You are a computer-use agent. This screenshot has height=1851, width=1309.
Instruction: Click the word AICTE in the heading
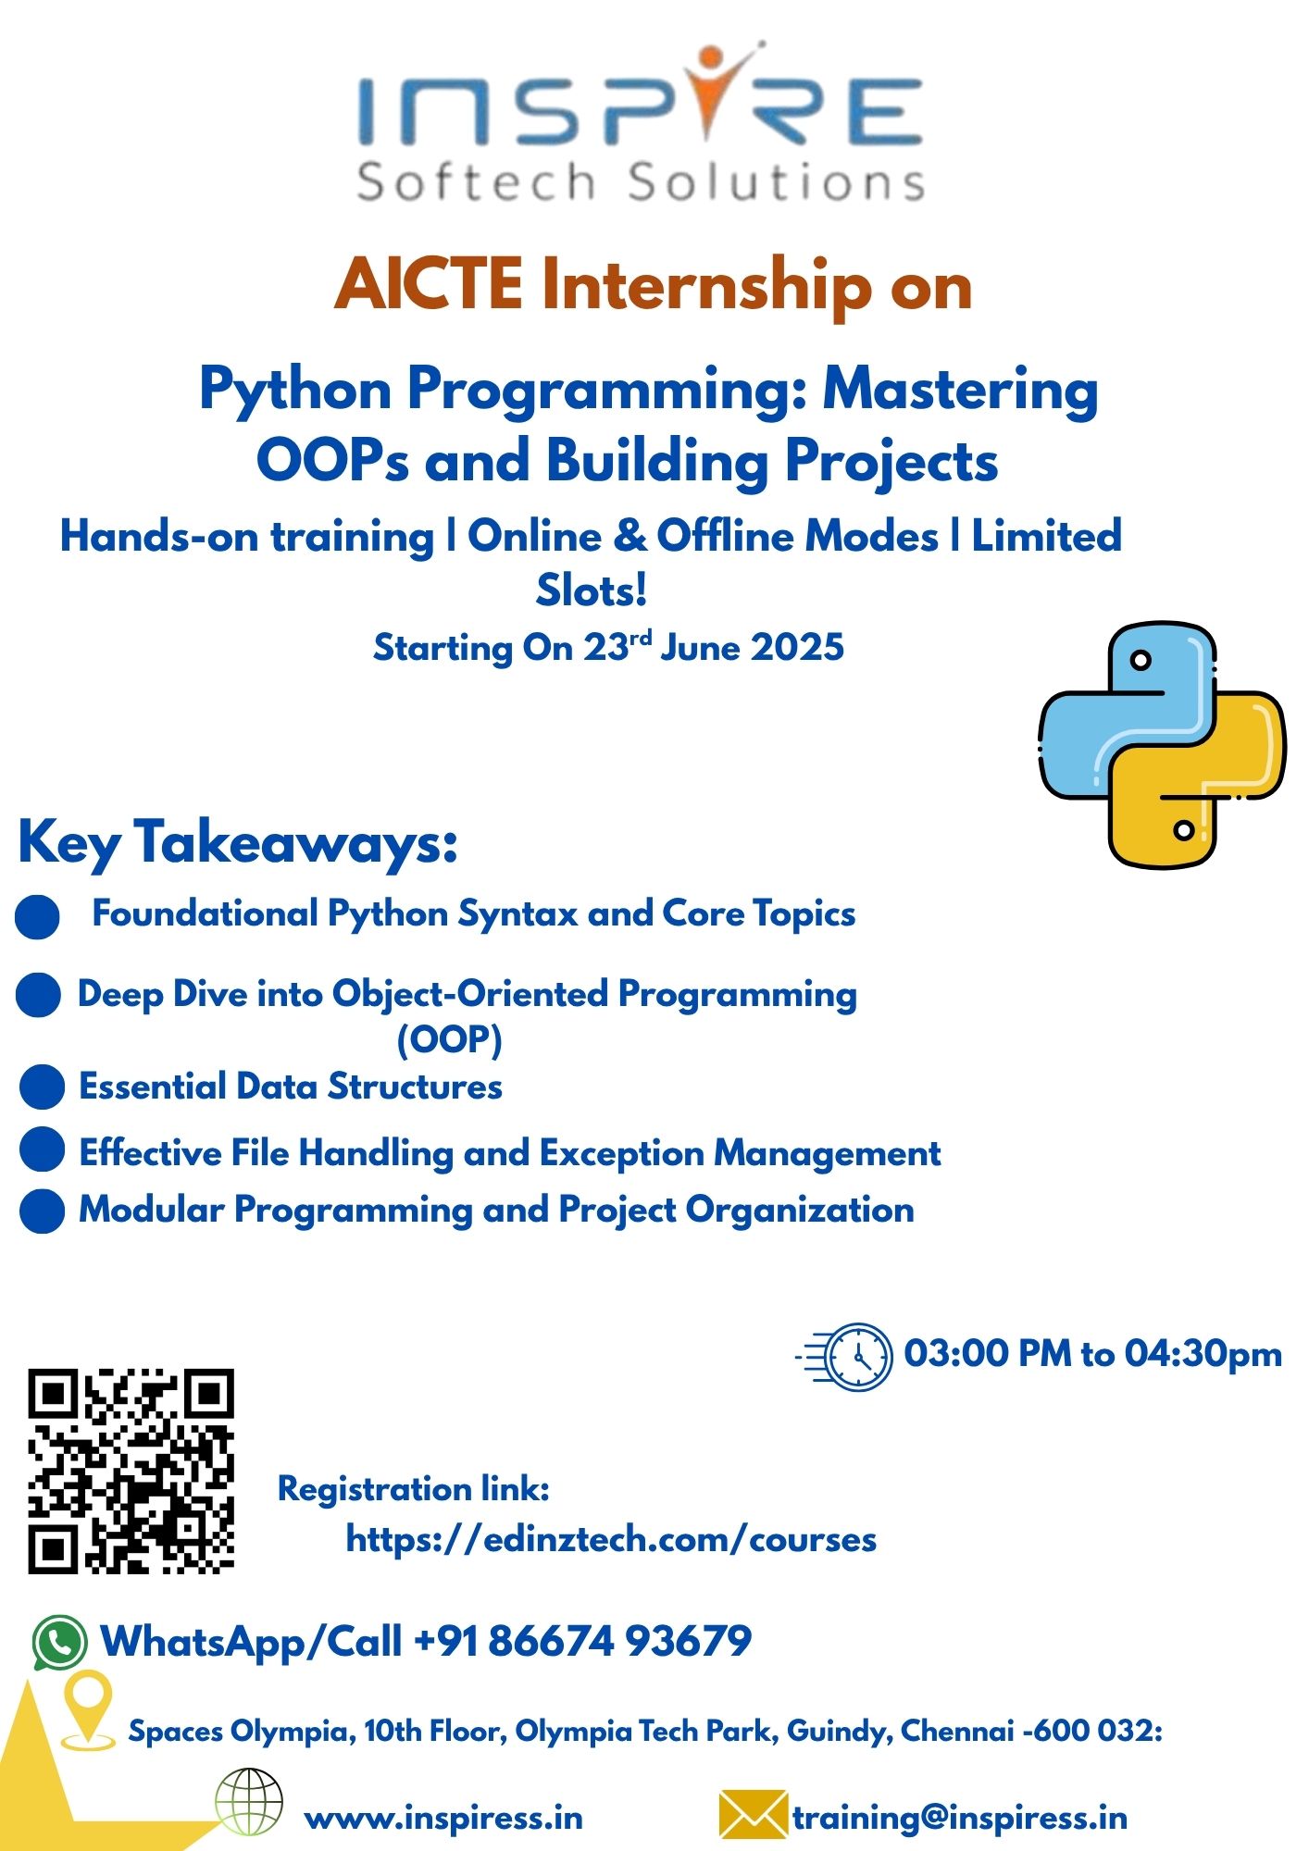[x=429, y=284]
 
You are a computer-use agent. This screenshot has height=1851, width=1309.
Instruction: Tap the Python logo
[x=1163, y=745]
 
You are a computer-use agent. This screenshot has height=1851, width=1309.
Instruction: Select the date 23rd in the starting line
[x=617, y=645]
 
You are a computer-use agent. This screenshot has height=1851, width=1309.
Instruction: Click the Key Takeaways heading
[x=238, y=842]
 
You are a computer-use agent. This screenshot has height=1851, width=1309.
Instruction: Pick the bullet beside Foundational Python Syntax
[x=38, y=916]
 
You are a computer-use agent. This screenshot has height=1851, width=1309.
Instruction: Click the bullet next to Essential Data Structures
[x=42, y=1086]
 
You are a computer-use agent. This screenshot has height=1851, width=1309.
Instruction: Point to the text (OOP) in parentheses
[x=450, y=1039]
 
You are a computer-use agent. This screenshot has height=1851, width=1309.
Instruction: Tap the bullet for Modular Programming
[x=42, y=1211]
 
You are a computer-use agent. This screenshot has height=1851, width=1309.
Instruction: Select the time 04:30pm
[x=1203, y=1354]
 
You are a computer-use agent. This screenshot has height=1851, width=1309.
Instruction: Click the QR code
[x=131, y=1471]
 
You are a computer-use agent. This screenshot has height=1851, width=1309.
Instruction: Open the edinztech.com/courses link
[x=611, y=1539]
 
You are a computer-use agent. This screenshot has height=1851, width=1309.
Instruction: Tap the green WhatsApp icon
[x=60, y=1643]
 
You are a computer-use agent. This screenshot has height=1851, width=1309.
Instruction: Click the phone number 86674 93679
[x=619, y=1641]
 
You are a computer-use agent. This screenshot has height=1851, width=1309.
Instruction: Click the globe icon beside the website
[x=249, y=1801]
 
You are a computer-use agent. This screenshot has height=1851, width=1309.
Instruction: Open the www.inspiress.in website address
[x=443, y=1819]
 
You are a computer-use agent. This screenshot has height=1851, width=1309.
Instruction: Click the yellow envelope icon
[x=753, y=1814]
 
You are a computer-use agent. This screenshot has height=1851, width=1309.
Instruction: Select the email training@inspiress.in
[x=960, y=1819]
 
